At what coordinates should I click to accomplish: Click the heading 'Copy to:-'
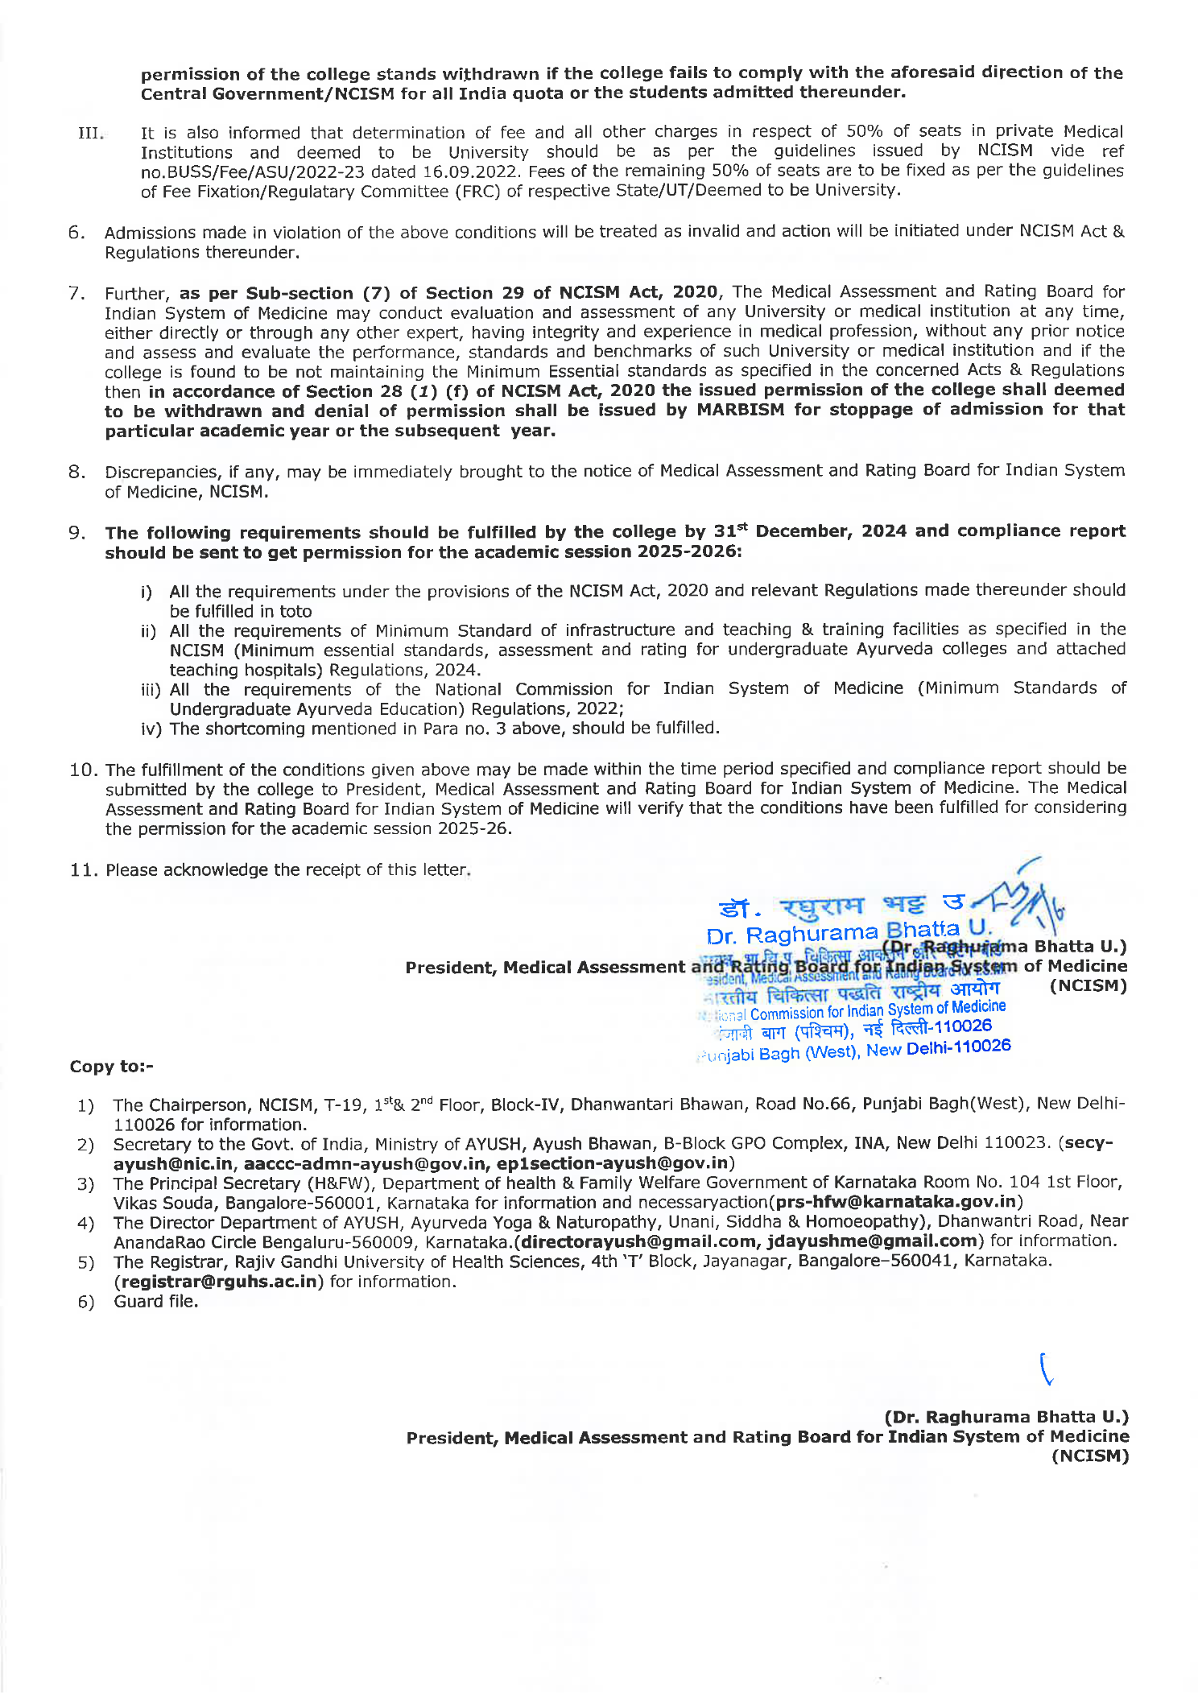(x=111, y=1067)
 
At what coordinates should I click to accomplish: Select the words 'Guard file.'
(x=156, y=1302)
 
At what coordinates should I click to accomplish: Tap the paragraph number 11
(x=83, y=870)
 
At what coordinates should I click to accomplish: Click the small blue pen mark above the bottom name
(x=1046, y=1369)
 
